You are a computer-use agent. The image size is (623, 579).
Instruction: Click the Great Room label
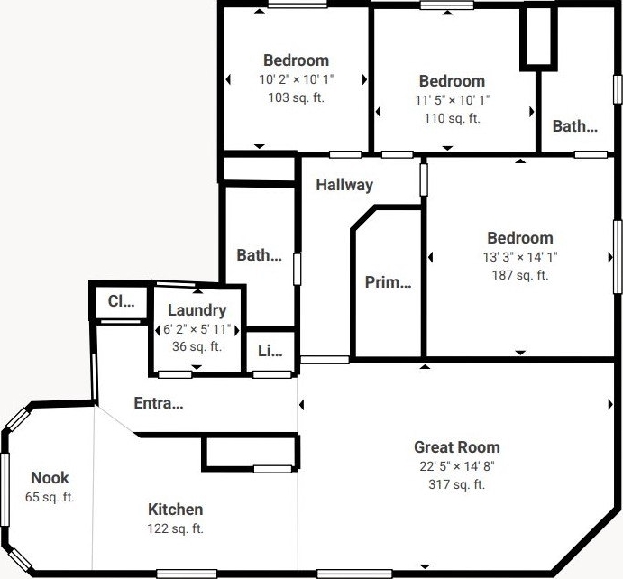457,447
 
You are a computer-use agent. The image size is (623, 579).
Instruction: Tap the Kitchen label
175,509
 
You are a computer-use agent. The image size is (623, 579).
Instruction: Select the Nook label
50,478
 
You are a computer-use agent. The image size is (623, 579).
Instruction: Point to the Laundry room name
197,310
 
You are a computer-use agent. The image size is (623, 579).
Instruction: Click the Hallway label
344,185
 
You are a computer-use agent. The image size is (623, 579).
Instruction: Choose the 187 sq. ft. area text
520,275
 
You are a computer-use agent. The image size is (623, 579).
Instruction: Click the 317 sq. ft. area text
457,484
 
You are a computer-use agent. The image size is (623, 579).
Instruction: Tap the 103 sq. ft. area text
296,97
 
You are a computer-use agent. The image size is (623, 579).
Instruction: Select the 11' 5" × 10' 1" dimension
453,100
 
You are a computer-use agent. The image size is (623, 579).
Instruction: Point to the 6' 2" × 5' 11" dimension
197,329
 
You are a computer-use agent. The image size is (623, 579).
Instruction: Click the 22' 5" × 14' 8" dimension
457,465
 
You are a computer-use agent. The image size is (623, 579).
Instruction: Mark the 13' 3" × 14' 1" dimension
520,257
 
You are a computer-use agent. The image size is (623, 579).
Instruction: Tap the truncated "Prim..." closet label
389,282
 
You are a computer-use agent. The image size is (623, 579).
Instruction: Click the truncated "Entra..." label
159,403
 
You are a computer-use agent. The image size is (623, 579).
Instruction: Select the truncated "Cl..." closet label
121,301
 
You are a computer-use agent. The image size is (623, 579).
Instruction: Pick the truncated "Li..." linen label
270,351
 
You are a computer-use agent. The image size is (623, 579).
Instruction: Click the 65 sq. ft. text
50,497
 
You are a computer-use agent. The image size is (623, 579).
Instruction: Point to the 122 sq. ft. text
175,528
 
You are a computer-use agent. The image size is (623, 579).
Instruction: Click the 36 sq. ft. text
197,346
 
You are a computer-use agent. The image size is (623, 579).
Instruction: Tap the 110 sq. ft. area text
453,118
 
